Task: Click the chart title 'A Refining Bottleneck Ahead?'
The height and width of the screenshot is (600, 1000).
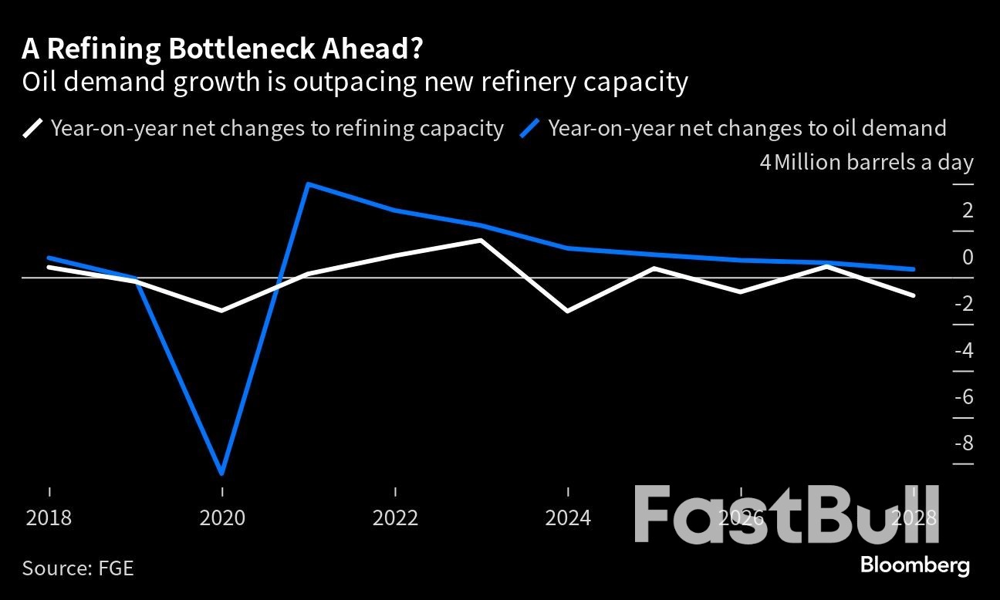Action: coord(222,49)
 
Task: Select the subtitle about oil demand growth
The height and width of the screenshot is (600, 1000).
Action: coord(355,82)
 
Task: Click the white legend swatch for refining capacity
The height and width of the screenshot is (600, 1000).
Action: coord(33,128)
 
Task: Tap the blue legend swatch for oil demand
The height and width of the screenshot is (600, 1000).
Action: coord(531,128)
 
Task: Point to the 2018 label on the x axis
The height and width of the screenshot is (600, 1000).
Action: coord(49,517)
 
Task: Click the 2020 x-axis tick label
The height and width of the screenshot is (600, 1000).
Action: coord(222,517)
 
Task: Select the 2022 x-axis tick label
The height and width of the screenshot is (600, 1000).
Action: coord(395,517)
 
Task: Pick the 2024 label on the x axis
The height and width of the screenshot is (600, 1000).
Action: coord(568,517)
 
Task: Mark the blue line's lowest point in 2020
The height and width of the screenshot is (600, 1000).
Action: coord(222,473)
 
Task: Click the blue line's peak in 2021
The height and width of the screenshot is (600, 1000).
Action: coord(309,184)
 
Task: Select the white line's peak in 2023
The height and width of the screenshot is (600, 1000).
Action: coord(481,240)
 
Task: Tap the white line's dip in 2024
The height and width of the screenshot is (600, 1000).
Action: coord(568,311)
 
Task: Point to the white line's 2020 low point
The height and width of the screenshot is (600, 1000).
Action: coord(222,311)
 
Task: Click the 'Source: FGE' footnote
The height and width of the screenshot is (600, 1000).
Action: coord(78,568)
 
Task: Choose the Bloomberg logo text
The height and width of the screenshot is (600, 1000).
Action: coord(914,565)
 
